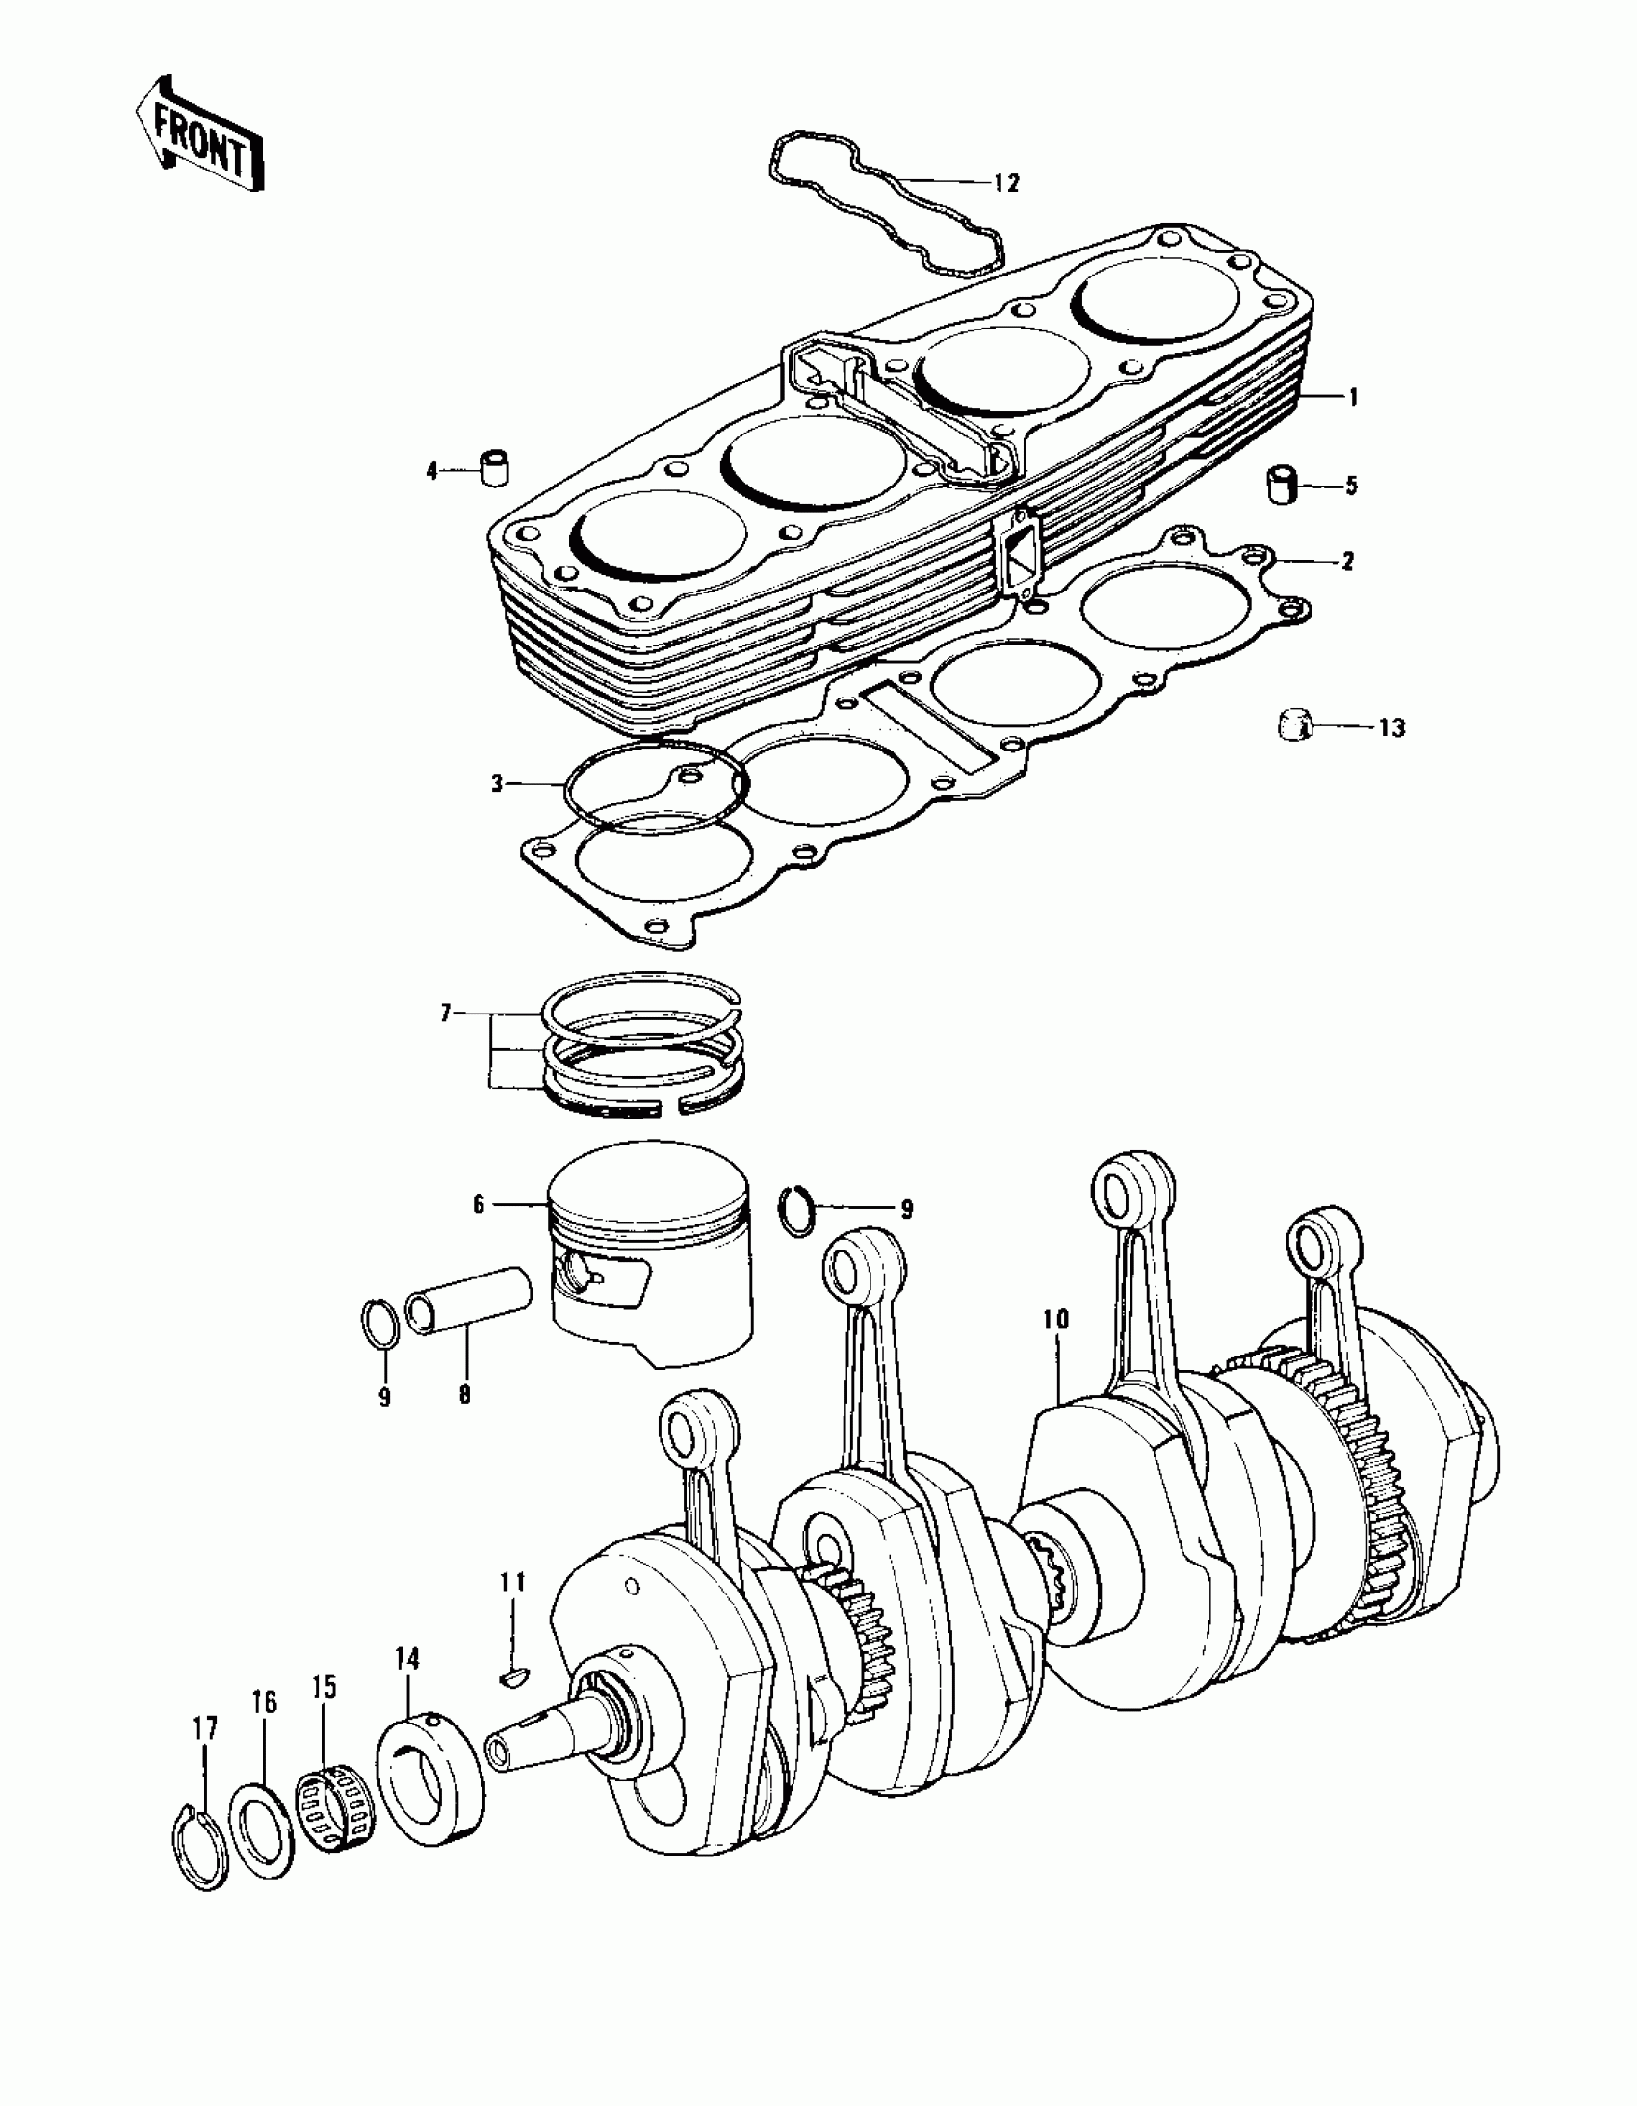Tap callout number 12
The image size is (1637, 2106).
pos(1005,183)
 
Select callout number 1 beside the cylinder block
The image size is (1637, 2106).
pos(1353,396)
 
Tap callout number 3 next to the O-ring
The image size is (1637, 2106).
pos(498,783)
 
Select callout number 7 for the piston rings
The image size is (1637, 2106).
pos(447,1015)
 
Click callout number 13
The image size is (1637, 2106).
pos(1391,727)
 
